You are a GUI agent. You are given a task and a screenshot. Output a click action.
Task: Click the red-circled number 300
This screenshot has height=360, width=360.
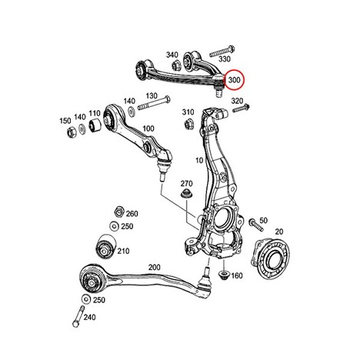(234, 80)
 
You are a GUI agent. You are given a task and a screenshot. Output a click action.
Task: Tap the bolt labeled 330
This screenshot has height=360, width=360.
(222, 52)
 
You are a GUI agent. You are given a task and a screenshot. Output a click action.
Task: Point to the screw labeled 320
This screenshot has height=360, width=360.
(241, 108)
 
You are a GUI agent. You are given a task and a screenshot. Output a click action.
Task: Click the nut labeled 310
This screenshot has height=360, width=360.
(188, 125)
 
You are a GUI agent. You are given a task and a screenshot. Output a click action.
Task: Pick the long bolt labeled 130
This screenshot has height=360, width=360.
(154, 103)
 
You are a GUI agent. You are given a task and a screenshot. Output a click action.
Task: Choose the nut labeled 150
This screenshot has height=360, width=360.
(71, 132)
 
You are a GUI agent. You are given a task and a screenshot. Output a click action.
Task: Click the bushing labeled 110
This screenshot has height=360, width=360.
(95, 125)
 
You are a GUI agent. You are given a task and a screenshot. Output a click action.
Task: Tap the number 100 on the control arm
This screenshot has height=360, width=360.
(148, 128)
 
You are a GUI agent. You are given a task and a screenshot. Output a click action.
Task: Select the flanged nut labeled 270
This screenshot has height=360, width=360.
(187, 194)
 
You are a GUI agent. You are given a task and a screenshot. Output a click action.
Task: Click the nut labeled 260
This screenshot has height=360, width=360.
(119, 212)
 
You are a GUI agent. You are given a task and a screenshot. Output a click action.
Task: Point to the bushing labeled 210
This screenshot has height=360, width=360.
(106, 247)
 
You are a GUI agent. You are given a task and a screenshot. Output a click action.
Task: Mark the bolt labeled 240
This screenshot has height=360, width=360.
(78, 316)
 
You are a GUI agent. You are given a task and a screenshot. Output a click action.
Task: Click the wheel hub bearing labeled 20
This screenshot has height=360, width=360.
(270, 258)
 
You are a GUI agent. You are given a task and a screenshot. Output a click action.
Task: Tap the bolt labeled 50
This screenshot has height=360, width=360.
(255, 225)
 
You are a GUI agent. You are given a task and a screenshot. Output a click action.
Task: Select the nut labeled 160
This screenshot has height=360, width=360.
(224, 275)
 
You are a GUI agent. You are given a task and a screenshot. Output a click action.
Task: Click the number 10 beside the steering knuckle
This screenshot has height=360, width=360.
(199, 161)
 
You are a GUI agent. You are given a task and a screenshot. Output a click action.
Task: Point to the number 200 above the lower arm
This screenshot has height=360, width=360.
(155, 268)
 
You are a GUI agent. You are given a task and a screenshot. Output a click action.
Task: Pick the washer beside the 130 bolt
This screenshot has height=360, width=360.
(132, 112)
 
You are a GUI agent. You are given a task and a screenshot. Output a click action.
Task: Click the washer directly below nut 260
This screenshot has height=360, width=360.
(114, 226)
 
